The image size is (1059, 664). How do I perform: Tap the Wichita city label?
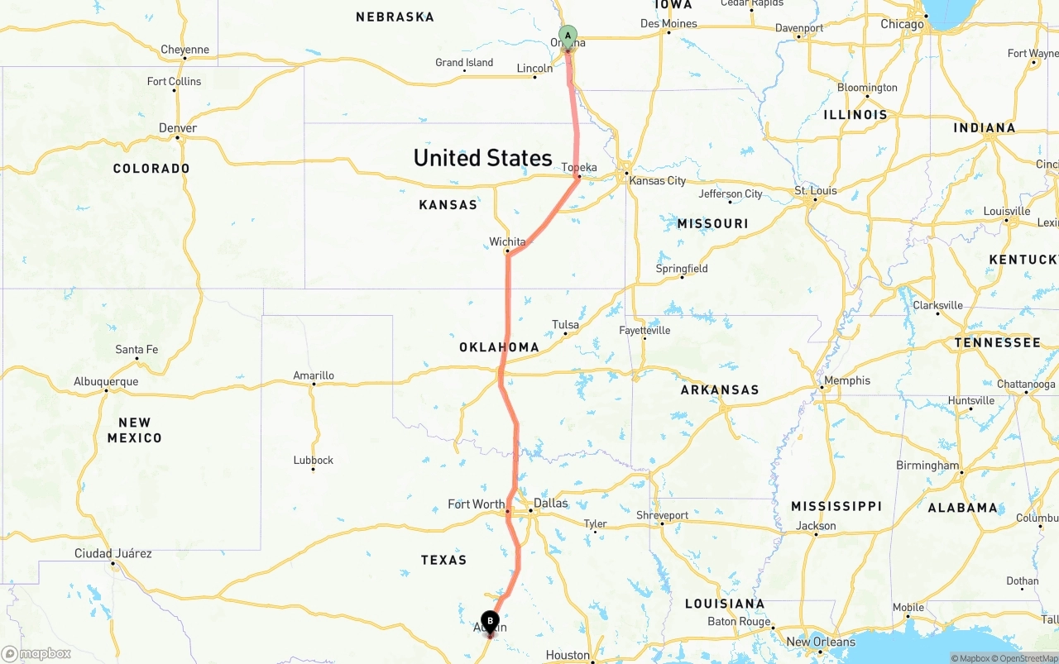[x=507, y=241]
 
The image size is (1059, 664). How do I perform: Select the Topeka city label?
[x=579, y=167]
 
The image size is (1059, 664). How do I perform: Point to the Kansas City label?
[x=658, y=180]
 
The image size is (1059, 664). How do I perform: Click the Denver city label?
[x=178, y=128]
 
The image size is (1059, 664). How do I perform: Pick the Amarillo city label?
[x=314, y=375]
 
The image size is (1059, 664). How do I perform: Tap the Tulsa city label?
[x=565, y=324]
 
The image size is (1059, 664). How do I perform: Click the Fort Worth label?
[x=476, y=504]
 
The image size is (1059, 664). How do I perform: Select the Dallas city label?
[x=551, y=503]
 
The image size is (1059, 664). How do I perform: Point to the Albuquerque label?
[x=106, y=381]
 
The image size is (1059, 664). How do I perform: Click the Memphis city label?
[x=847, y=380]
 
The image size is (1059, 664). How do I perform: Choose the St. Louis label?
[x=816, y=190]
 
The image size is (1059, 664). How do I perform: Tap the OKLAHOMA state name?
[x=499, y=347]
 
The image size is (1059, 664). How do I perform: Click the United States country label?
[x=482, y=158]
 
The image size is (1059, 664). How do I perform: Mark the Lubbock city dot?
[x=313, y=470]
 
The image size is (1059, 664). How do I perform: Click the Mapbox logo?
[x=36, y=653]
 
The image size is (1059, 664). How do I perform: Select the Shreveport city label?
[x=662, y=515]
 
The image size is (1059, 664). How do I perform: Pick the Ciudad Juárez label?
[x=113, y=553]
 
